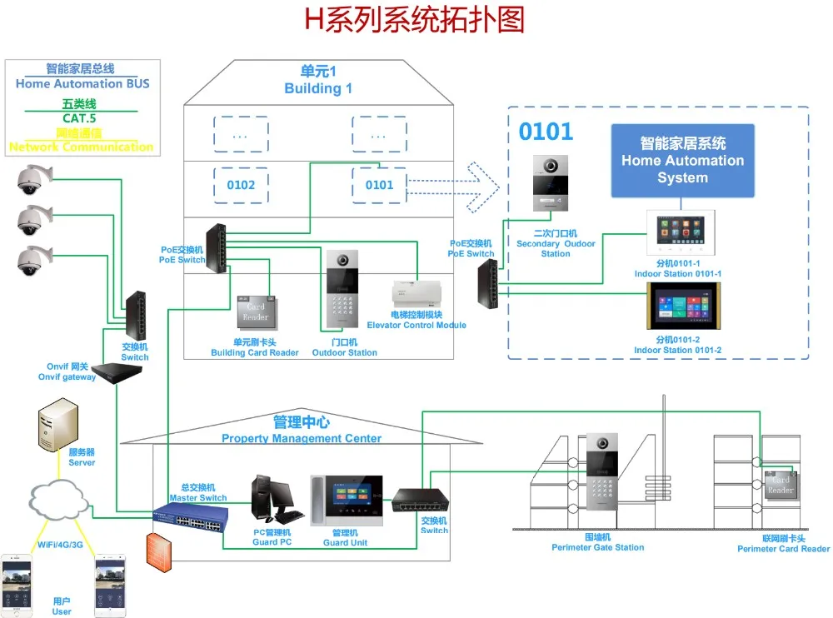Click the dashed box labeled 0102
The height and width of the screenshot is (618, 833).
(x=241, y=185)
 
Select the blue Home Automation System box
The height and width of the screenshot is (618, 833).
(x=682, y=161)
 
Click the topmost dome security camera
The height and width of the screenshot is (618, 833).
(x=34, y=179)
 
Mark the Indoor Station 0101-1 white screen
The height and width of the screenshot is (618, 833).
(x=681, y=232)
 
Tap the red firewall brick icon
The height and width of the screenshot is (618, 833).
(x=157, y=551)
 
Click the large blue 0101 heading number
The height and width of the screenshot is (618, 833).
(x=546, y=132)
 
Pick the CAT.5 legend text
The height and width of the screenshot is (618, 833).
(x=79, y=118)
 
